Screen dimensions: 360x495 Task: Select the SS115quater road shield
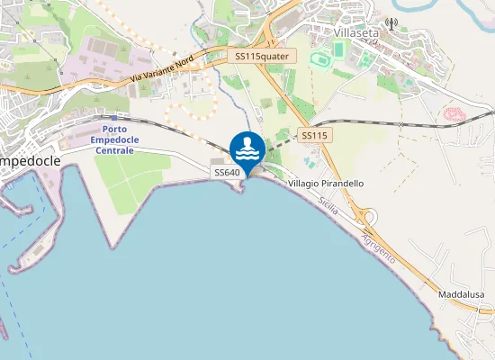coord(262,56)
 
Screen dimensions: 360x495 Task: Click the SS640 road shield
coord(225,171)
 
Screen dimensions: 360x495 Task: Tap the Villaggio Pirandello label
coord(326,183)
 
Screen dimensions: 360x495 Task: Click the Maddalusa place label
coord(461,295)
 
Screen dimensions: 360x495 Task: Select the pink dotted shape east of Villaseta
coord(454,114)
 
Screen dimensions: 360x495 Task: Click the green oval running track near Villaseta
coord(319,58)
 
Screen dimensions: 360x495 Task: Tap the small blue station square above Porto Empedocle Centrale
coord(114,117)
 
